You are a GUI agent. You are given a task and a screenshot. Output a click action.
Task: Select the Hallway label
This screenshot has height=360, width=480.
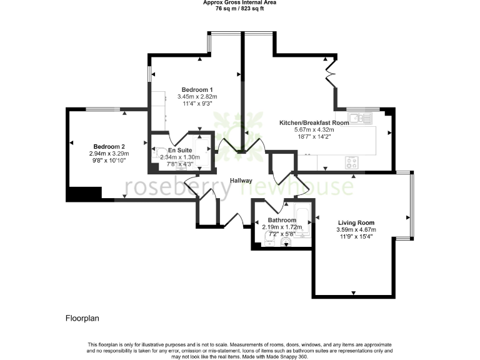click(x=241, y=181)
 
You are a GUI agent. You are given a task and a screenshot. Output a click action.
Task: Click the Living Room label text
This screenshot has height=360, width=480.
click(x=356, y=222)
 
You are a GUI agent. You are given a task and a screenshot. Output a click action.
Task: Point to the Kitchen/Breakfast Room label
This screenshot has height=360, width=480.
click(x=313, y=123)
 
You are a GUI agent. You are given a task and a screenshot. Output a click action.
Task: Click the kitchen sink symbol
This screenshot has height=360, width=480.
click(x=361, y=117)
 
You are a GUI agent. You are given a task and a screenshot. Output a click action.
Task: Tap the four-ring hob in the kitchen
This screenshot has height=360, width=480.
click(x=352, y=162)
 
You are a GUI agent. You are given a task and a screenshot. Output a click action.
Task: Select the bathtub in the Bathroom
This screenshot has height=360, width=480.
click(x=302, y=221)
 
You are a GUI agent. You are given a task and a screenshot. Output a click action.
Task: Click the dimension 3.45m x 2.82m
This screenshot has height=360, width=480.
click(x=197, y=97)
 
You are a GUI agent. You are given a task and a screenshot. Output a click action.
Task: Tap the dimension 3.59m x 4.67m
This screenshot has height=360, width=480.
click(x=356, y=229)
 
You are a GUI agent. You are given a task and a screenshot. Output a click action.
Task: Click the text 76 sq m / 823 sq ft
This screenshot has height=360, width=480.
click(x=240, y=9)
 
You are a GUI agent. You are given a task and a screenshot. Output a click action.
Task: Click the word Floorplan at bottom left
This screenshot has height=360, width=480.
click(x=82, y=318)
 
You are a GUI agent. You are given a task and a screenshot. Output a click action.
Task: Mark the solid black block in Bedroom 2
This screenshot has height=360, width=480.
click(x=84, y=194)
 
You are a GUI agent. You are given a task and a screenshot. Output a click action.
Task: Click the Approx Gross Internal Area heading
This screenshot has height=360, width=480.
click(x=240, y=2)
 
